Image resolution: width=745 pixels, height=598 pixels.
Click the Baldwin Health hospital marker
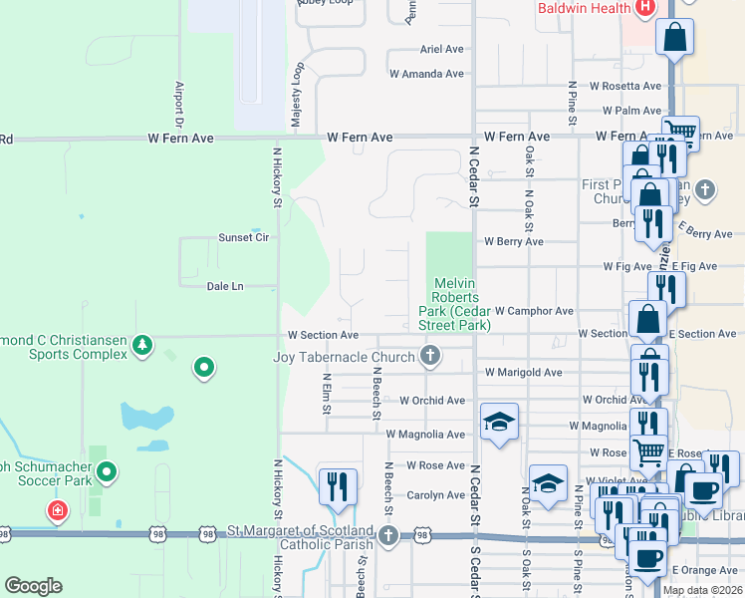click(644, 8)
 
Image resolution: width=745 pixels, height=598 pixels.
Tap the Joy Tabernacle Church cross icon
click(430, 356)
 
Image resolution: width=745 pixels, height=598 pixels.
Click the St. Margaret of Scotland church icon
click(387, 536)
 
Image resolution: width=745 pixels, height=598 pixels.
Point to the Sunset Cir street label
click(244, 238)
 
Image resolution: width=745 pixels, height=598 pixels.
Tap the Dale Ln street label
click(225, 286)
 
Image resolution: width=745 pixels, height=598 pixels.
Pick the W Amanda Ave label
click(427, 74)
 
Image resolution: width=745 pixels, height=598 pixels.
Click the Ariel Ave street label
click(442, 49)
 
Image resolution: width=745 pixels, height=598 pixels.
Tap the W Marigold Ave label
click(524, 373)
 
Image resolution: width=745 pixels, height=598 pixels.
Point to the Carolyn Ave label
click(436, 494)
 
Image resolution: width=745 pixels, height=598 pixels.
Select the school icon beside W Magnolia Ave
click(499, 422)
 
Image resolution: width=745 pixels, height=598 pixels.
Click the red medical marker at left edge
click(58, 511)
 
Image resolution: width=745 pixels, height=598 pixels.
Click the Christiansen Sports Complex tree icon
click(142, 345)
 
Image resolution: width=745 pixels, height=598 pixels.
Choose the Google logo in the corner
click(33, 586)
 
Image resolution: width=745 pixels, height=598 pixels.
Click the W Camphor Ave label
click(534, 311)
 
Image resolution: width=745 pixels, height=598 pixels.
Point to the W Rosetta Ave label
click(625, 86)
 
